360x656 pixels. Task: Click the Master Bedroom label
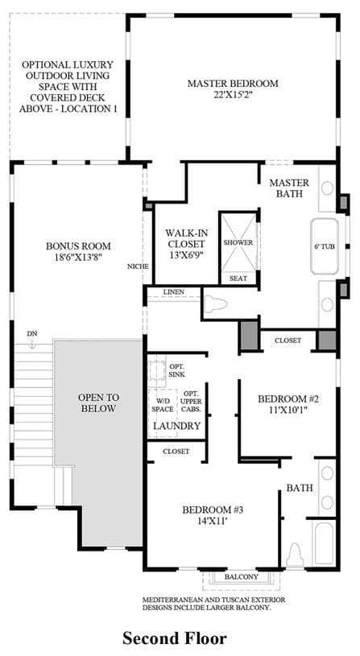pos(232,83)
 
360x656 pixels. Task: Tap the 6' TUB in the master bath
pos(325,246)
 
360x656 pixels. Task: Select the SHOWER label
pos(238,242)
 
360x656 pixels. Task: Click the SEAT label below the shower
pos(238,278)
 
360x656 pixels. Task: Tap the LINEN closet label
pos(173,291)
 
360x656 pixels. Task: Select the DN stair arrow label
pos(31,334)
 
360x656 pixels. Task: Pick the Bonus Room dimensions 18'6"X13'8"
pos(78,258)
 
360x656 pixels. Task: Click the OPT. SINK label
pos(177,369)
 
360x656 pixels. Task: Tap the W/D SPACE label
pos(163,405)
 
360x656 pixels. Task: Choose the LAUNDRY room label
pos(176,427)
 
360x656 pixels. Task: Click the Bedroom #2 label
pos(288,399)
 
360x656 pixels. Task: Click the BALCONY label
pos(241,577)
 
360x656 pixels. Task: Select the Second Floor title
pos(174,639)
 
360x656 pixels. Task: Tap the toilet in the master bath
pos(216,303)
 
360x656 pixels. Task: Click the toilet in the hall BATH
pos(296,555)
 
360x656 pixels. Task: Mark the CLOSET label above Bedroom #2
pos(288,340)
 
